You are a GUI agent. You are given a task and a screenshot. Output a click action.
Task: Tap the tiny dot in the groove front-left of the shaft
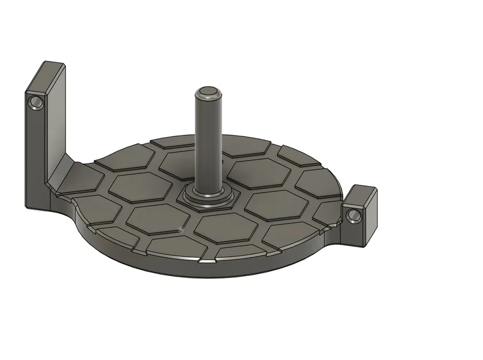pyautogui.click(x=181, y=229)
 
